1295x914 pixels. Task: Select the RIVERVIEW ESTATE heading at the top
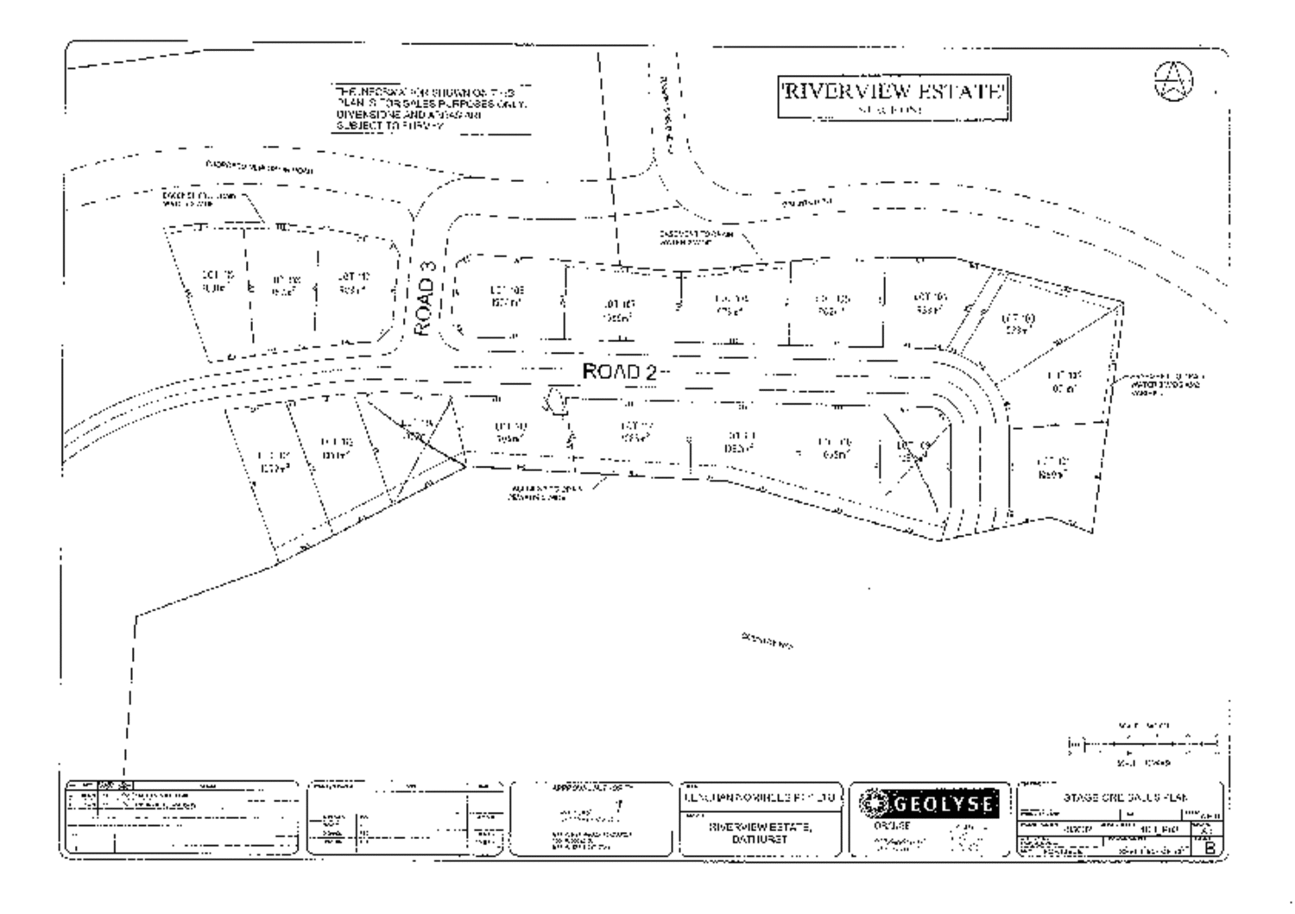coord(894,92)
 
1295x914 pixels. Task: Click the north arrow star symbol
coord(1173,82)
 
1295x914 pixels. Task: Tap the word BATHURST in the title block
coord(759,839)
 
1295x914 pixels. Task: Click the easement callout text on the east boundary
coord(1165,385)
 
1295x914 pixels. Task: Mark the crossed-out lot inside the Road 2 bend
coord(914,452)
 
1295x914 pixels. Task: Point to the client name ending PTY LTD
coord(759,798)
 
